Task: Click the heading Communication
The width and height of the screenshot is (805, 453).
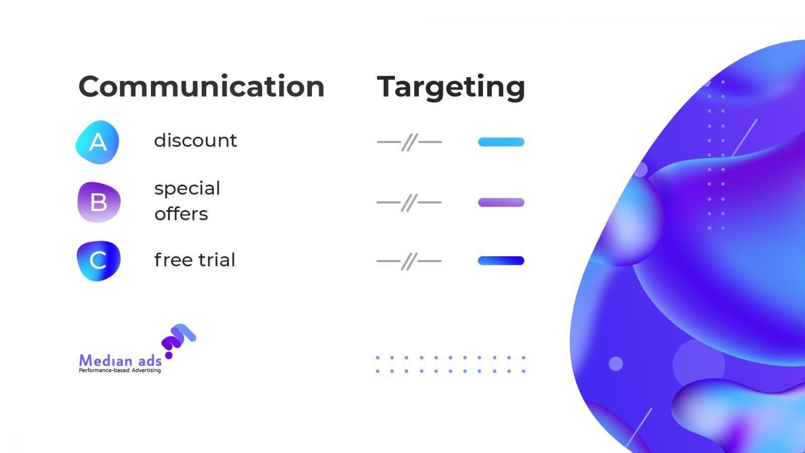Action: tap(201, 86)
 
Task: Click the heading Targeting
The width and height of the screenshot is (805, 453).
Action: tap(451, 88)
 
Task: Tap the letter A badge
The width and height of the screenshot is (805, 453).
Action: tap(98, 142)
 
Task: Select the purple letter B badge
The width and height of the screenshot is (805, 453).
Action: tap(99, 202)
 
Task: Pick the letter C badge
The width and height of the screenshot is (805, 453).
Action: tap(99, 261)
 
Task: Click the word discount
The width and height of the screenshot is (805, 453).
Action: tap(196, 140)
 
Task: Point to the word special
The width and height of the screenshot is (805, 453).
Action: tap(187, 189)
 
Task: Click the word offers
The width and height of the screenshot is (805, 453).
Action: tap(181, 213)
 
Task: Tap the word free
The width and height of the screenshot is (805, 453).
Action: tap(174, 260)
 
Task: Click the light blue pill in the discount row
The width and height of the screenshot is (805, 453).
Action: tap(501, 142)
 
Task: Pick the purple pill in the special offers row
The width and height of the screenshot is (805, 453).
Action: tap(501, 202)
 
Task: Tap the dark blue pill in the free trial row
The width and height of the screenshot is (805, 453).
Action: tap(501, 261)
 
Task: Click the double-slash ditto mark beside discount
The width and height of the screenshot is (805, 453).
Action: tap(410, 142)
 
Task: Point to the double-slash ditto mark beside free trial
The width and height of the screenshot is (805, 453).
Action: tap(409, 261)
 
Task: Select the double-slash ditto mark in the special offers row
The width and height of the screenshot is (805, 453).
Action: tap(409, 202)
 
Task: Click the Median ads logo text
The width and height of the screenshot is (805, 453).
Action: tap(120, 360)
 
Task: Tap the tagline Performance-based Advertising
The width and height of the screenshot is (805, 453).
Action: tap(120, 370)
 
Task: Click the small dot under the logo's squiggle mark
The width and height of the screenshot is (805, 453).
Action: tap(169, 355)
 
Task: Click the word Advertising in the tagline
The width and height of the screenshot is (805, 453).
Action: tap(146, 370)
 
